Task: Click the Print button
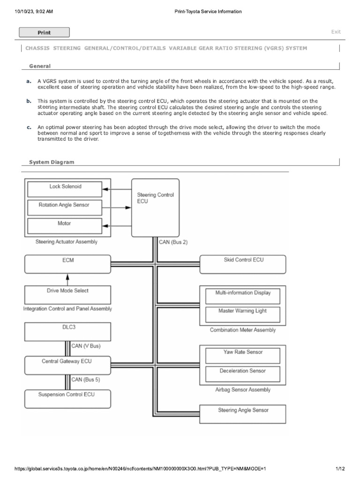point(44,32)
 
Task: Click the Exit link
point(336,32)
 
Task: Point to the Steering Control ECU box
point(155,208)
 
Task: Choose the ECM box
point(67,264)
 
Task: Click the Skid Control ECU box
point(243,264)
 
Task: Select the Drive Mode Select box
point(67,295)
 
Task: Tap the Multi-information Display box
point(243,296)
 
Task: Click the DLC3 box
point(67,331)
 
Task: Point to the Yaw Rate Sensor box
point(243,355)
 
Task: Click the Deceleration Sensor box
point(243,374)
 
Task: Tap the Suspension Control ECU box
point(67,398)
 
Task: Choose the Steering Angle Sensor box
point(243,413)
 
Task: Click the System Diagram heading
point(52,162)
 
